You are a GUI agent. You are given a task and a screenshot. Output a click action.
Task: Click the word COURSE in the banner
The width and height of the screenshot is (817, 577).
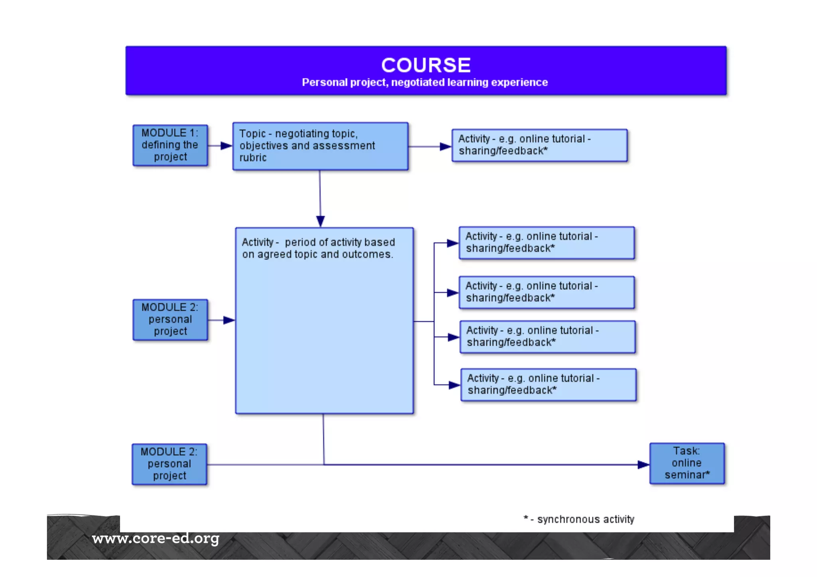(426, 65)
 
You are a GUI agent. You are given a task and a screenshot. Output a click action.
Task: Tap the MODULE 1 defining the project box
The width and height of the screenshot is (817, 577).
(170, 145)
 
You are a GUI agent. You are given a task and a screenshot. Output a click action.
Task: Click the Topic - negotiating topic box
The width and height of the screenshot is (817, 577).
(320, 146)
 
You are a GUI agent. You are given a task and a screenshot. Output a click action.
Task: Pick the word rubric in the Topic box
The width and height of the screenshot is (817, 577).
(253, 158)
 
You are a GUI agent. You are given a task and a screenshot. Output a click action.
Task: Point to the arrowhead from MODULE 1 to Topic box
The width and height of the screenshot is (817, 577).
(226, 146)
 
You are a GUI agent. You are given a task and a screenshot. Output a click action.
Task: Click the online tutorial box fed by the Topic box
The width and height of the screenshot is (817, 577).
(539, 145)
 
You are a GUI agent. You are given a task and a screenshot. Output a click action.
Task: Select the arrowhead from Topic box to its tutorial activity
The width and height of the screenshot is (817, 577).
(445, 146)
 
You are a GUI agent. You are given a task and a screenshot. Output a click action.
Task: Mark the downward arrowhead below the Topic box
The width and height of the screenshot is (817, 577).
(320, 221)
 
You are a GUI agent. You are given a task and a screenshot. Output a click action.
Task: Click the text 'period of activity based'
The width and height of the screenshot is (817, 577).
(340, 242)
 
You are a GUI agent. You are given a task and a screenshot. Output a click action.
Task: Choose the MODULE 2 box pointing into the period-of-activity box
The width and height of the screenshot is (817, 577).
(170, 320)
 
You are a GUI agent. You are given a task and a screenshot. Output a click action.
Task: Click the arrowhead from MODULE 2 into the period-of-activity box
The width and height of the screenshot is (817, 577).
(229, 320)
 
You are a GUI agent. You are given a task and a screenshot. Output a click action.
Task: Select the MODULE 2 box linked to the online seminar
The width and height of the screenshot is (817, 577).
(170, 464)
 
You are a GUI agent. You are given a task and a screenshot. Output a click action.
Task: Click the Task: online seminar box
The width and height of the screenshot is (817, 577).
(687, 463)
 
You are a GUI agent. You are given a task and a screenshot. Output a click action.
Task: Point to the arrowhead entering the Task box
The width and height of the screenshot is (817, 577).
(643, 465)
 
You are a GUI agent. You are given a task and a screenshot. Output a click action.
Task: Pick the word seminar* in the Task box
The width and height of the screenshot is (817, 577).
(687, 475)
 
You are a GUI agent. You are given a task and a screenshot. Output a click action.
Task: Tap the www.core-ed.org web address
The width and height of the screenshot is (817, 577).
(156, 539)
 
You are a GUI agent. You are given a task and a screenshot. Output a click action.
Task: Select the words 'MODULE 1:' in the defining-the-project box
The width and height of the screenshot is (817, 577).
(170, 133)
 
